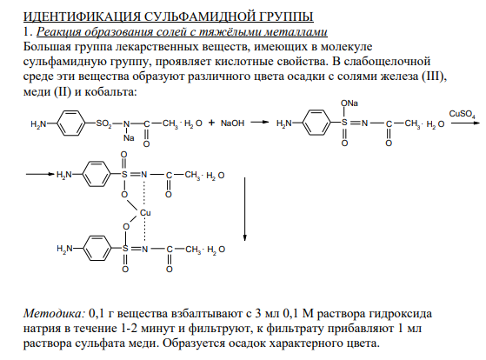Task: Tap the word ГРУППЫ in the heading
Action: (x=283, y=17)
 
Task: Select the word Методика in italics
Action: (x=54, y=314)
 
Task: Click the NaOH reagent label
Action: (x=232, y=123)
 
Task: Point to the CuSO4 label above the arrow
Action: (x=463, y=115)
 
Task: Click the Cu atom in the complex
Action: (x=145, y=213)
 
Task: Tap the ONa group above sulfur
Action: (x=349, y=103)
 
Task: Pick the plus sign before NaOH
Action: (x=211, y=123)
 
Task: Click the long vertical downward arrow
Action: (x=245, y=209)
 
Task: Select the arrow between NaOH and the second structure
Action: (x=259, y=122)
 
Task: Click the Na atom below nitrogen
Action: (x=129, y=137)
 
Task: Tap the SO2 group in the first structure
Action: (x=103, y=123)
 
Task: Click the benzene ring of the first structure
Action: (x=71, y=123)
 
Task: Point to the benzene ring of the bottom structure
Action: (x=97, y=249)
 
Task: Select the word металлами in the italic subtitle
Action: (x=297, y=31)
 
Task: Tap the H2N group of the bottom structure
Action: (x=64, y=249)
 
